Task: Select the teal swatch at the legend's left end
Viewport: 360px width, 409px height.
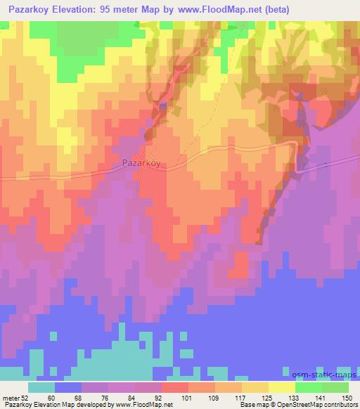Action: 41,387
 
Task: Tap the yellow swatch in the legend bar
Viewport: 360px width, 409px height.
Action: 282,387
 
